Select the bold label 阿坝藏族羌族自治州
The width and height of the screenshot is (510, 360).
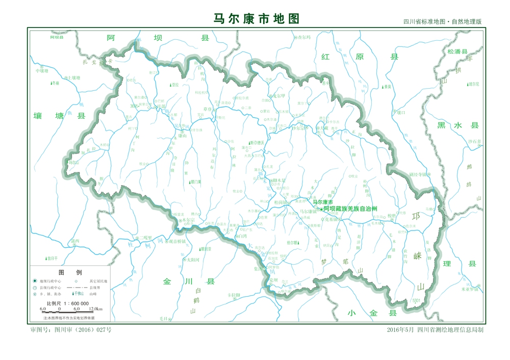(356, 209)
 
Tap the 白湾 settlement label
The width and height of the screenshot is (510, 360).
(242, 236)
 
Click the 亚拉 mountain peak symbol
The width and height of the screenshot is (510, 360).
(171, 85)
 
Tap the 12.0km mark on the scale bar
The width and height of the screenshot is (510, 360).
(96, 308)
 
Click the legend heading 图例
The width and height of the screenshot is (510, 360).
(69, 272)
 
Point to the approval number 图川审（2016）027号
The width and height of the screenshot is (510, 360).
(71, 330)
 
